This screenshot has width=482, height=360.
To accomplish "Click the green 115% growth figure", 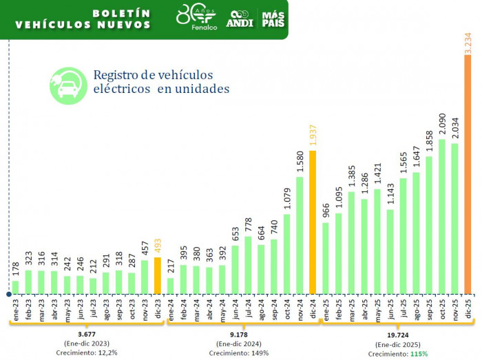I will coord(419,354).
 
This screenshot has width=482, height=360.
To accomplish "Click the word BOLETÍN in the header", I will coord(120,12).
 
